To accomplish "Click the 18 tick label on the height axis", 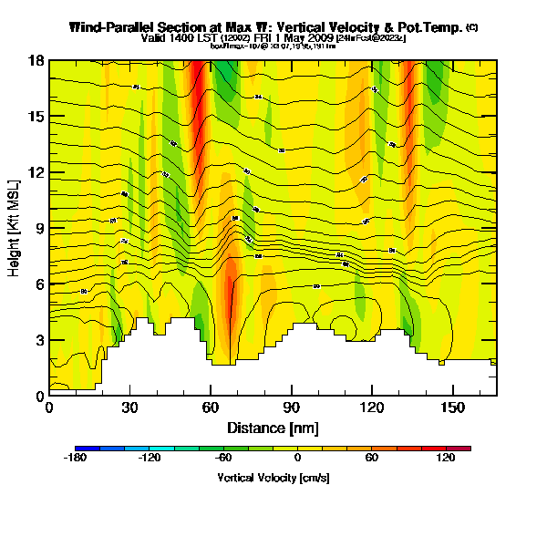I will pyautogui.click(x=36, y=61).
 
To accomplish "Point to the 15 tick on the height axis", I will pyautogui.click(x=36, y=117).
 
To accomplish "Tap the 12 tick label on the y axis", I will pyautogui.click(x=36, y=172).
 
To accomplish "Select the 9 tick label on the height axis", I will pyautogui.click(x=39, y=228).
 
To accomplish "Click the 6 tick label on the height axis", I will pyautogui.click(x=39, y=284).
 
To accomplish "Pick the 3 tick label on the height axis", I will pyautogui.click(x=39, y=340).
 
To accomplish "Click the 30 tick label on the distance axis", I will pyautogui.click(x=129, y=408).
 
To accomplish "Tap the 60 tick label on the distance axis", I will pyautogui.click(x=211, y=408).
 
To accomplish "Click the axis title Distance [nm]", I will pyautogui.click(x=273, y=428).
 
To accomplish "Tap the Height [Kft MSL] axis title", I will pyautogui.click(x=15, y=228).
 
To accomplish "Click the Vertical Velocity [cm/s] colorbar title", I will pyautogui.click(x=273, y=478).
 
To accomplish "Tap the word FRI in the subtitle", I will pyautogui.click(x=258, y=38).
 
